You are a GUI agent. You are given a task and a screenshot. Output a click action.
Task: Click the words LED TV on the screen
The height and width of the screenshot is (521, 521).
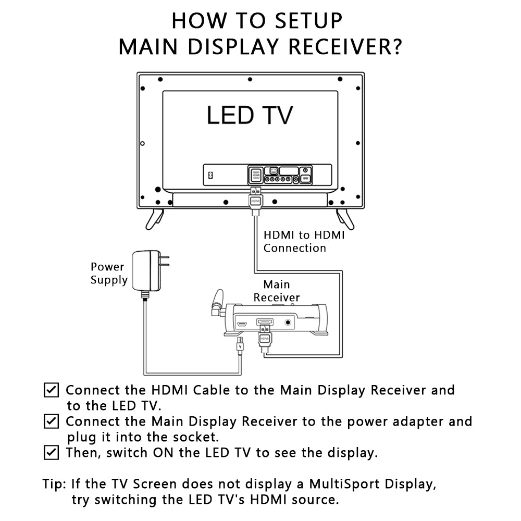point(250,115)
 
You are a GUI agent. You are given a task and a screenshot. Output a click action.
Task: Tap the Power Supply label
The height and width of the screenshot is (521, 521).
point(109,273)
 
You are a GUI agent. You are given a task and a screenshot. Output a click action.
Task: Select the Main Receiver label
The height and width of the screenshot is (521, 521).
point(277,291)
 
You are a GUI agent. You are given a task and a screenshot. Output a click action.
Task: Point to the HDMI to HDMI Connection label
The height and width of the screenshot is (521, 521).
point(304,242)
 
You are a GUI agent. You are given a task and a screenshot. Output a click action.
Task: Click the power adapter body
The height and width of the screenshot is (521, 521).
point(146,271)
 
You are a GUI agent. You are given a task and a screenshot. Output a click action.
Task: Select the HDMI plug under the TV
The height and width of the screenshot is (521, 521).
point(255,201)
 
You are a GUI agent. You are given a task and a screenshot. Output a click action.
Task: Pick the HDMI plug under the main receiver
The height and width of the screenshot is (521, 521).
point(265,339)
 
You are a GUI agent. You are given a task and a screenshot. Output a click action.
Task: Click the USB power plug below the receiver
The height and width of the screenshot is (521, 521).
point(240,345)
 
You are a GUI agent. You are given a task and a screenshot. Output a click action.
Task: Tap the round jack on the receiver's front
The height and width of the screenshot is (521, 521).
point(288,322)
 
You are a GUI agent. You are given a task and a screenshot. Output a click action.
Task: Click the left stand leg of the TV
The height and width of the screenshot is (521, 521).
point(155,219)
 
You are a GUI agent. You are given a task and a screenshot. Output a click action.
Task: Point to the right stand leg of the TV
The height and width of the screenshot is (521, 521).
point(345,219)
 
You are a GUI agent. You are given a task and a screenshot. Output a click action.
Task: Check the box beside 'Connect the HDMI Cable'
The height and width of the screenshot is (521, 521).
point(51,390)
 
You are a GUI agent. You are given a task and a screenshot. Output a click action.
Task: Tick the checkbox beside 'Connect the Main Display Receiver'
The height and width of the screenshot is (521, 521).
point(51,421)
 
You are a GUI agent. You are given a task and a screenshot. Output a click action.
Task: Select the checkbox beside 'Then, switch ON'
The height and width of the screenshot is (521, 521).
point(51,452)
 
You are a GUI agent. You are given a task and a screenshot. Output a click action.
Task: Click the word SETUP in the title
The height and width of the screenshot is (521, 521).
point(308,21)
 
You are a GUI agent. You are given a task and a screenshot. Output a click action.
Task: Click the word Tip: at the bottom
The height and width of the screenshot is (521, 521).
point(55,484)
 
